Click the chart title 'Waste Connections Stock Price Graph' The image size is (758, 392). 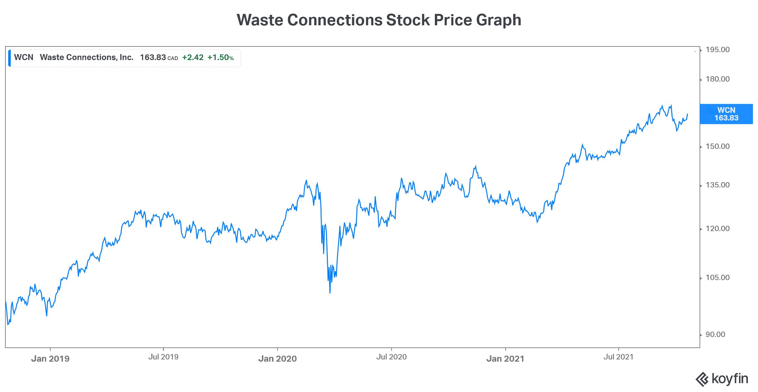click(379, 20)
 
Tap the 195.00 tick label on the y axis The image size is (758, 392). click(718, 50)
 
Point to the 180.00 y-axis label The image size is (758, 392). click(718, 79)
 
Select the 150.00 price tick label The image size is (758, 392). click(718, 146)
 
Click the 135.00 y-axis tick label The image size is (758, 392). click(718, 185)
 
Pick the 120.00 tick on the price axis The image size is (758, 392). click(718, 229)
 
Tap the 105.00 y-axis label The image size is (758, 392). click(718, 278)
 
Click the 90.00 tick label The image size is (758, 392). click(715, 334)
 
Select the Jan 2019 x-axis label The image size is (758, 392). click(50, 358)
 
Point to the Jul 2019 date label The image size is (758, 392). click(163, 357)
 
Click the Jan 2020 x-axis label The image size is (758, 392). click(277, 358)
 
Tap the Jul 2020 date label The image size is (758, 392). click(391, 357)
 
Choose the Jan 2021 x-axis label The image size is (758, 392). click(505, 358)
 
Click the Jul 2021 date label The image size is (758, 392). click(618, 357)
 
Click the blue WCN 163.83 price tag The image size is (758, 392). click(726, 114)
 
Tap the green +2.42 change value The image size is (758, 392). click(193, 58)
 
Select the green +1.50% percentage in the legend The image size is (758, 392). click(220, 58)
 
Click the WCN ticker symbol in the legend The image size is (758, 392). click(24, 57)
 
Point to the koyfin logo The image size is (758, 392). click(722, 379)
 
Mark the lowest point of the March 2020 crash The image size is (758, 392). click(330, 293)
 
